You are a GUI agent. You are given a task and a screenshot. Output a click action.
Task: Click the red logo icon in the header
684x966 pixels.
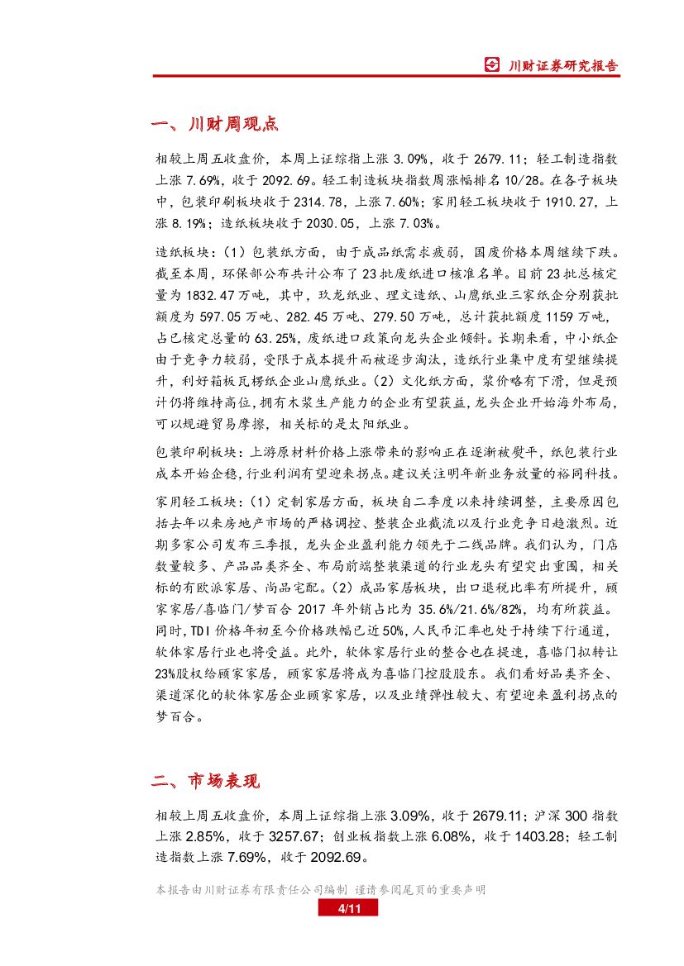[x=492, y=65]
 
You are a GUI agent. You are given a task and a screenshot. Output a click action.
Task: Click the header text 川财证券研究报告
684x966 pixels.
[x=562, y=66]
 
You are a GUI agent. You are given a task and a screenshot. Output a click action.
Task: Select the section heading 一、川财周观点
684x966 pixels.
[x=215, y=124]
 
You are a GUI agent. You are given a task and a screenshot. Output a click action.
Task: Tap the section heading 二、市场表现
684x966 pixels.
[x=206, y=781]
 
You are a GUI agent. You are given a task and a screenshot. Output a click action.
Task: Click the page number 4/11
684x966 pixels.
[x=347, y=909]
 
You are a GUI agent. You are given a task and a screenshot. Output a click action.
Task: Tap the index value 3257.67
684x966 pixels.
[x=293, y=836]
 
